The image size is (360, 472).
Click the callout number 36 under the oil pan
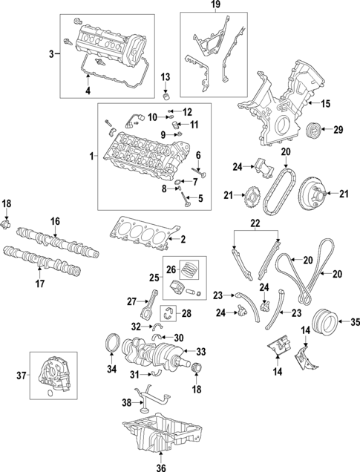click(x=162, y=466)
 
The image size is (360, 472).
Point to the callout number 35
click(x=354, y=321)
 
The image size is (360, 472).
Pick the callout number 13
click(x=166, y=77)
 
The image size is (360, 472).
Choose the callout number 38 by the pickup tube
click(x=125, y=403)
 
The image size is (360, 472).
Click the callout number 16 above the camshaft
click(x=54, y=221)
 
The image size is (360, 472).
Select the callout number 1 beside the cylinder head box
click(x=91, y=157)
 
